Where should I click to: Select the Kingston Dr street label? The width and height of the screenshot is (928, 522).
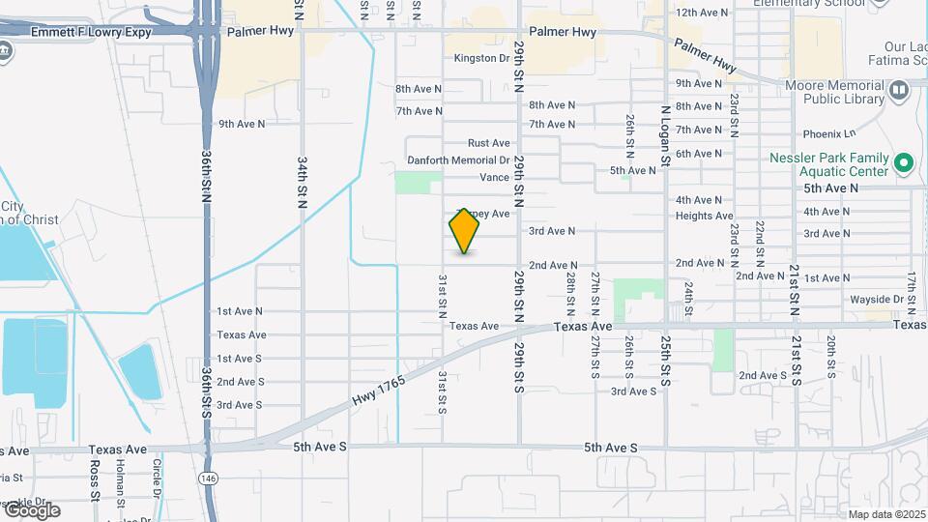[x=481, y=59]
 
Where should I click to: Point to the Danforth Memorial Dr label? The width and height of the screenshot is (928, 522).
[x=458, y=160]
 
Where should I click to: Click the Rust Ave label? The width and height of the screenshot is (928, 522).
[x=488, y=143]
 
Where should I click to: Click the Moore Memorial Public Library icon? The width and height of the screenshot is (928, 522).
[x=900, y=92]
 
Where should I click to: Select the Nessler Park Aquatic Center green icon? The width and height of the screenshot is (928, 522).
[x=904, y=162]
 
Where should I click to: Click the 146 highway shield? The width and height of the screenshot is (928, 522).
[x=208, y=478]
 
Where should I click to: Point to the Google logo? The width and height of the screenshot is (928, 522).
[x=31, y=509]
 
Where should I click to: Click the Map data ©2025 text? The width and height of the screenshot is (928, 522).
[x=885, y=514]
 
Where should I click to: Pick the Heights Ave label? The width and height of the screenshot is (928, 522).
[x=705, y=216]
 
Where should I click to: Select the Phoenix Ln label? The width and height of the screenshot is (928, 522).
[x=829, y=133]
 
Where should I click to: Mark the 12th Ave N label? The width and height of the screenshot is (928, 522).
[x=701, y=13]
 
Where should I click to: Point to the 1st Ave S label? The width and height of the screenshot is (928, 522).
[x=240, y=359]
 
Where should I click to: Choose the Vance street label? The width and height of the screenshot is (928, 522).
[x=494, y=178]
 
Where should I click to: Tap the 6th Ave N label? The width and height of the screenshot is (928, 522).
[x=699, y=154]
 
